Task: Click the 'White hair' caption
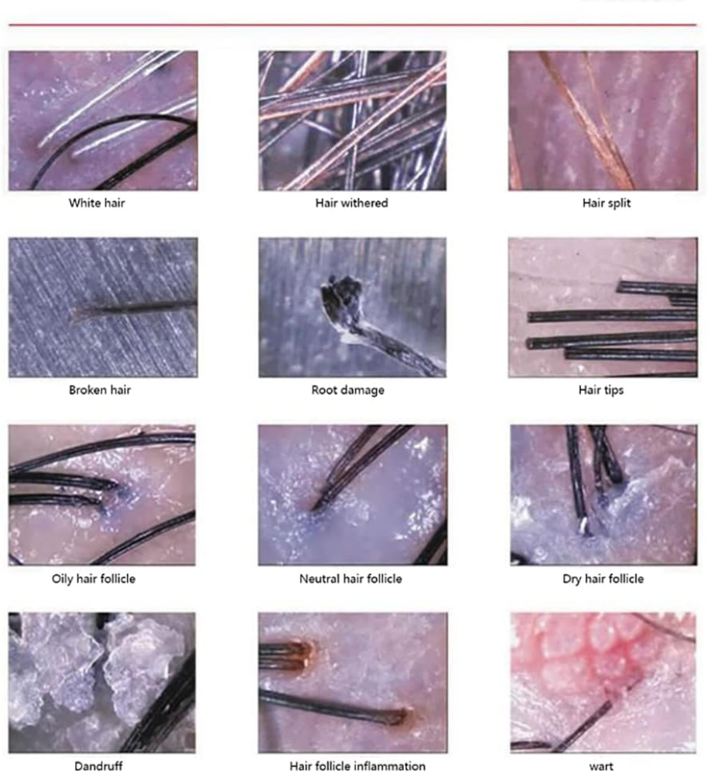[x=97, y=203]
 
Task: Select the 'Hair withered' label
[x=352, y=203]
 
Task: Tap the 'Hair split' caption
[x=607, y=203]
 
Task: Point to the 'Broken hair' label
[x=100, y=390]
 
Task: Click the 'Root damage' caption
[x=348, y=390]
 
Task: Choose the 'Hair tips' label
[x=601, y=390]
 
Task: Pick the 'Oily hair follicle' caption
[x=94, y=579]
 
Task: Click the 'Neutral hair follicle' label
[x=351, y=579]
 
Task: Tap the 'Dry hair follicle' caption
[x=603, y=579]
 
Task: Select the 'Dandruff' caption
[x=99, y=766]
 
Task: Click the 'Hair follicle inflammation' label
[x=357, y=766]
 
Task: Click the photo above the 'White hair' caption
[x=103, y=121]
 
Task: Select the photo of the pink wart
[x=604, y=683]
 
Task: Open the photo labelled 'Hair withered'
[x=352, y=121]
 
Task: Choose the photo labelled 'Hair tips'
[x=603, y=307]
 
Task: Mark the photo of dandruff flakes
[x=102, y=683]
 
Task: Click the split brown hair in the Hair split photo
[x=587, y=121]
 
